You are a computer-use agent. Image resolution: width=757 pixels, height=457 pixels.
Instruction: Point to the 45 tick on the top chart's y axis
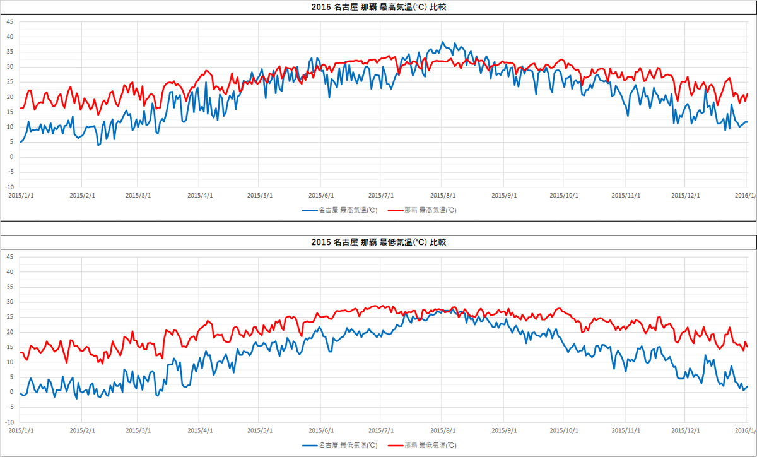(9, 21)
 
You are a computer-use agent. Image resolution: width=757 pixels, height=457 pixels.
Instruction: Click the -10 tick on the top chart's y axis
(9, 187)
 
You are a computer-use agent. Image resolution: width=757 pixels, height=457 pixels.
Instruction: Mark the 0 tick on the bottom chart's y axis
(11, 392)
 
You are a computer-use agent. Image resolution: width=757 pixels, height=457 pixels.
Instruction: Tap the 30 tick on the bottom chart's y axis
(9, 302)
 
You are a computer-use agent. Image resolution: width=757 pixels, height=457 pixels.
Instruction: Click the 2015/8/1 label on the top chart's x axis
(442, 195)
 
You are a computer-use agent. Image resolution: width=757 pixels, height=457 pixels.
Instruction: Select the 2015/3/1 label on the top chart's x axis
(138, 195)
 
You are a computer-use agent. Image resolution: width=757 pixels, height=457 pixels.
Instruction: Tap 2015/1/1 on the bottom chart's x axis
(20, 430)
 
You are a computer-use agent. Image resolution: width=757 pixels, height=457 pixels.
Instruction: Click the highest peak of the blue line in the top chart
(443, 42)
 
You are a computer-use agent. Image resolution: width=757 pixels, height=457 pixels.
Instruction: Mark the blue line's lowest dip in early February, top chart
(98, 145)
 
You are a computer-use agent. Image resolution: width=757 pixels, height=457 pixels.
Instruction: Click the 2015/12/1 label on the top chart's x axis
(685, 195)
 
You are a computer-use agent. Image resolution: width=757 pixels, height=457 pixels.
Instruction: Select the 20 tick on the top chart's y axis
(9, 97)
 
